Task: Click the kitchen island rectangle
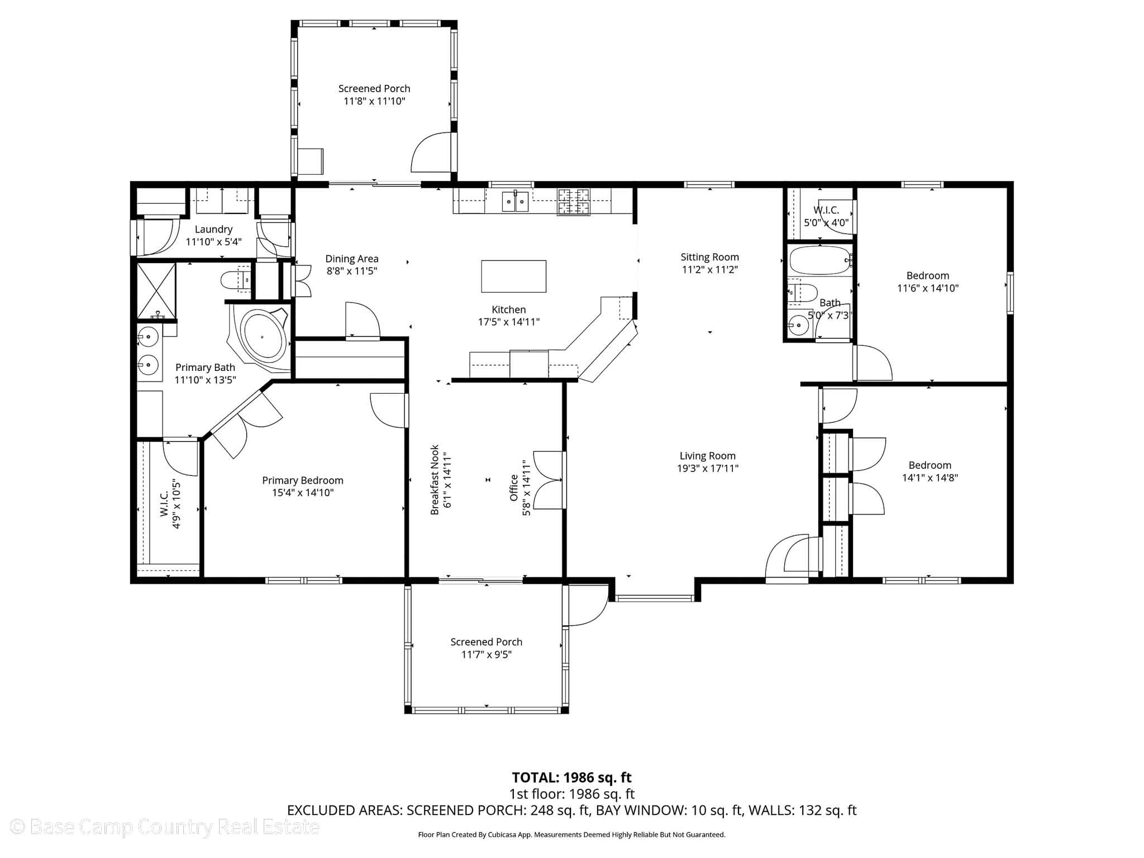click(x=513, y=276)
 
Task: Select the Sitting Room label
click(x=709, y=257)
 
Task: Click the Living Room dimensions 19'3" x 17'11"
click(x=708, y=468)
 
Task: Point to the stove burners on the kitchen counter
click(x=574, y=202)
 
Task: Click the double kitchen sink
click(x=514, y=201)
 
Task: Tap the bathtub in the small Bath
click(x=819, y=260)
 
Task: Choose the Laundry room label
click(x=213, y=229)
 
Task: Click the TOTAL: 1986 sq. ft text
click(x=571, y=777)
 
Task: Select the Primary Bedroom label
click(x=302, y=480)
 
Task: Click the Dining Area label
click(x=352, y=259)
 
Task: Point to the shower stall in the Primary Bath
click(x=156, y=289)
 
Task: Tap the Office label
click(x=514, y=488)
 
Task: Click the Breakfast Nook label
click(x=435, y=480)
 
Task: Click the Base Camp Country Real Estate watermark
click(x=165, y=827)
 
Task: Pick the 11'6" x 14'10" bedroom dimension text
click(x=928, y=288)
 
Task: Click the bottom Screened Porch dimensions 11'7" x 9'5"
click(x=486, y=654)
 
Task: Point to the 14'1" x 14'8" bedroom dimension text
click(x=930, y=478)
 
